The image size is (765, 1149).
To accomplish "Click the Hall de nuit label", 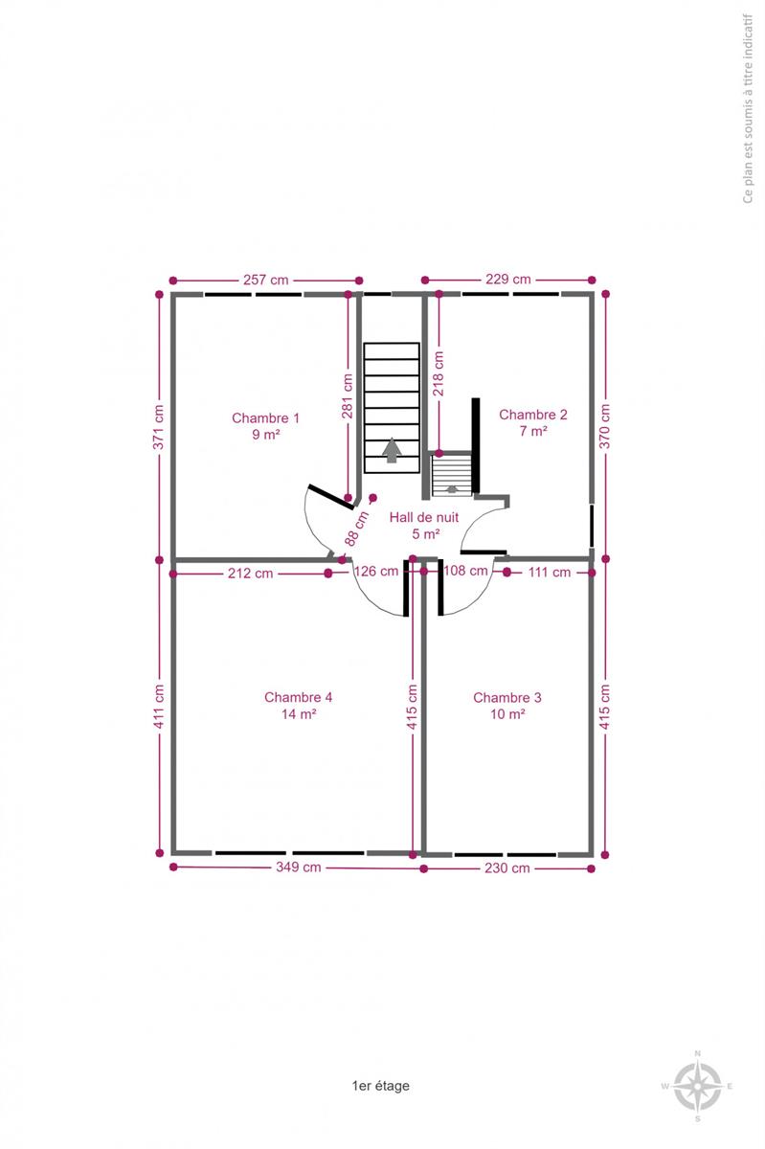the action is [x=424, y=517].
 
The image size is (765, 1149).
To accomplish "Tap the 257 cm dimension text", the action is [x=266, y=280].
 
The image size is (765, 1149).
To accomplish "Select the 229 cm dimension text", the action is [x=508, y=279].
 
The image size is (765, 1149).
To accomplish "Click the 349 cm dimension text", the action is [x=298, y=867].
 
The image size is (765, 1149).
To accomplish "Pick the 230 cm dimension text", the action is [x=506, y=867].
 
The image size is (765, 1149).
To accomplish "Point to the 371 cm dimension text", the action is [x=159, y=427].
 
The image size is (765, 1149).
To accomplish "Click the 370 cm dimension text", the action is [x=605, y=426].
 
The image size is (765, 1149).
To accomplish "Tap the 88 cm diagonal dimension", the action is [x=357, y=529].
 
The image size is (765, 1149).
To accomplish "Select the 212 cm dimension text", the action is [x=251, y=573].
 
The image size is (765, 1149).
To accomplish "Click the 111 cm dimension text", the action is [x=550, y=573].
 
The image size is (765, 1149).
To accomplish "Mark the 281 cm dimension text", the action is [x=348, y=396].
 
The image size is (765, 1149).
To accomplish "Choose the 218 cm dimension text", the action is [x=439, y=373].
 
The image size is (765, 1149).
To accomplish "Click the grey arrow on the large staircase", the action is [x=392, y=450].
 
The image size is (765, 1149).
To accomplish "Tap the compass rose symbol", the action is [x=698, y=1086].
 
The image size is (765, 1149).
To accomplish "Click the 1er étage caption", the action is [x=381, y=1086].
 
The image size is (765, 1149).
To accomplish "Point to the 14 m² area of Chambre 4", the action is [x=299, y=713].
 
